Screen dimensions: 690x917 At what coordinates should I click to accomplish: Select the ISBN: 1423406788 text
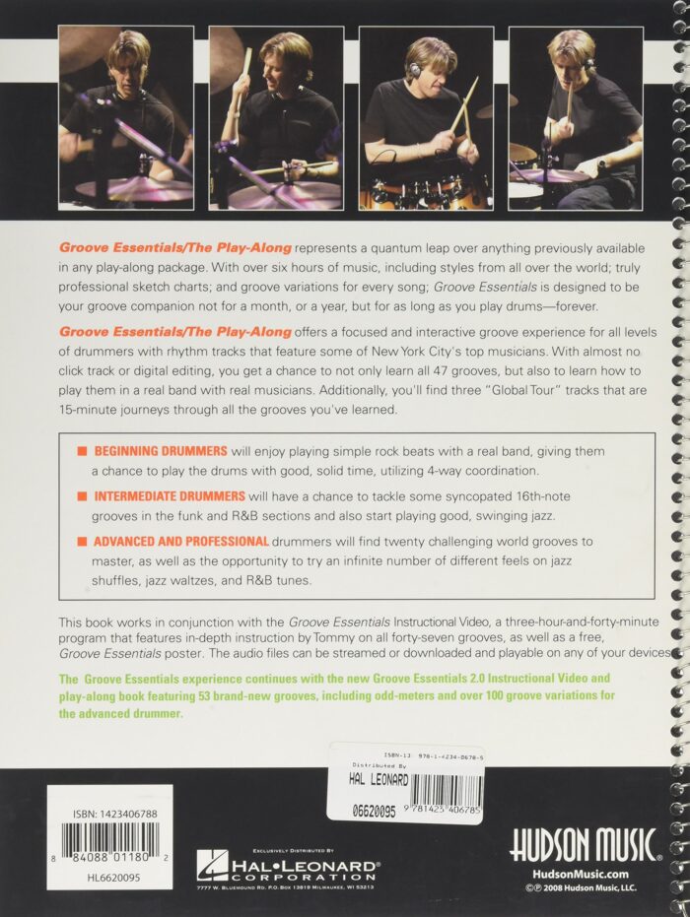[115, 814]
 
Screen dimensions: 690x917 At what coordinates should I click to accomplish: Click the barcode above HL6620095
[110, 841]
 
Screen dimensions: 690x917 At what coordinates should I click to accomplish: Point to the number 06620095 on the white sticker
[374, 812]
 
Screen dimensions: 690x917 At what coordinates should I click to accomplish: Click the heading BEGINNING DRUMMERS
[161, 451]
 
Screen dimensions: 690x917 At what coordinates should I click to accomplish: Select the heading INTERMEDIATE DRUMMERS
[170, 496]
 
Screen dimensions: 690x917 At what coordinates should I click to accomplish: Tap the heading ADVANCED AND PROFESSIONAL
[180, 541]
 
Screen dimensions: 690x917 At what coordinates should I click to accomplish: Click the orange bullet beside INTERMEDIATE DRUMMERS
[82, 496]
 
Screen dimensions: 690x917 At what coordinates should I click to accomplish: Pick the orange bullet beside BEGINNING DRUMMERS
[82, 451]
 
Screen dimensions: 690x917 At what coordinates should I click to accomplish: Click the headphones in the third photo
[416, 70]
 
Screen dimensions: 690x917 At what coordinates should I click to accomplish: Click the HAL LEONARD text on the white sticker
[379, 779]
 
